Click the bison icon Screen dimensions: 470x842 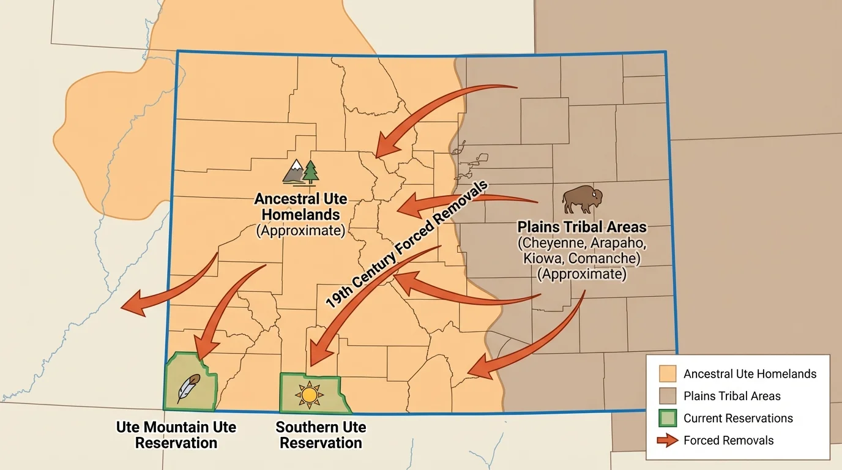[x=582, y=200]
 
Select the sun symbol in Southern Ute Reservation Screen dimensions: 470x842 [x=309, y=395]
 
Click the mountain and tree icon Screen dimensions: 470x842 [x=301, y=172]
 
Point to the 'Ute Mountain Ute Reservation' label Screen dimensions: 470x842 [x=176, y=435]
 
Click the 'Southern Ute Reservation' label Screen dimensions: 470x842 [x=321, y=435]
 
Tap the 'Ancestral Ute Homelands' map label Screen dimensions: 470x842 [x=300, y=207]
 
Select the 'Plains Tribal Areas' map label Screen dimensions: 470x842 [x=581, y=227]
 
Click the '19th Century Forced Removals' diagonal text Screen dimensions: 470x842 [x=407, y=245]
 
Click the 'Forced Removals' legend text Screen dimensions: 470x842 [x=728, y=441]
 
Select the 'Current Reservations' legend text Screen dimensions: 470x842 [x=738, y=419]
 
